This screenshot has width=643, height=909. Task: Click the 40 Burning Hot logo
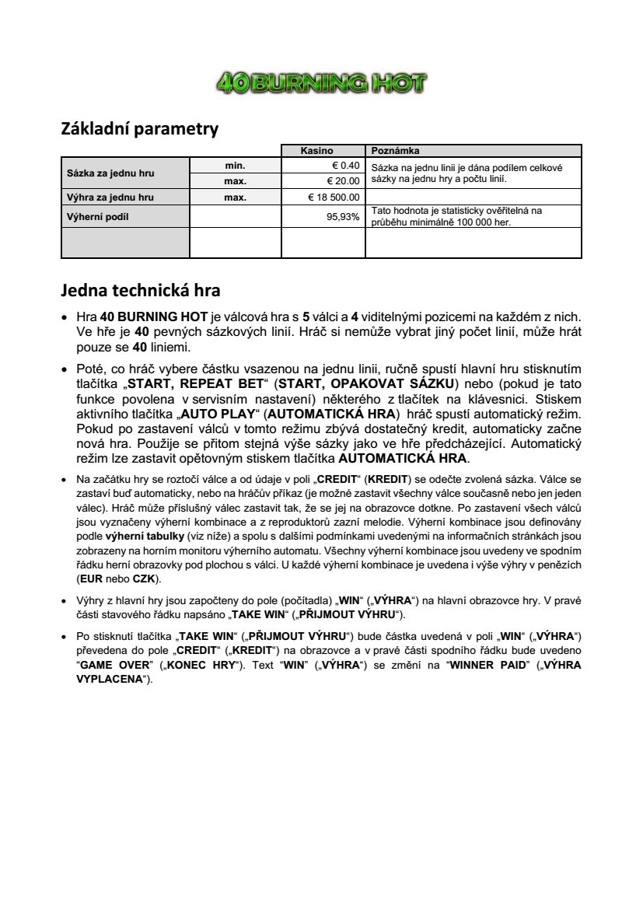point(321,82)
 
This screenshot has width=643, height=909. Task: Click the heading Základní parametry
point(139,129)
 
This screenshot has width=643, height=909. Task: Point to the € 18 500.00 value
point(334,197)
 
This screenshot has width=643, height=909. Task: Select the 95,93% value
point(343,217)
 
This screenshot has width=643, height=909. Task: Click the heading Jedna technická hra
point(140,291)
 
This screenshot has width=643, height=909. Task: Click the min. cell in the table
point(235,166)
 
